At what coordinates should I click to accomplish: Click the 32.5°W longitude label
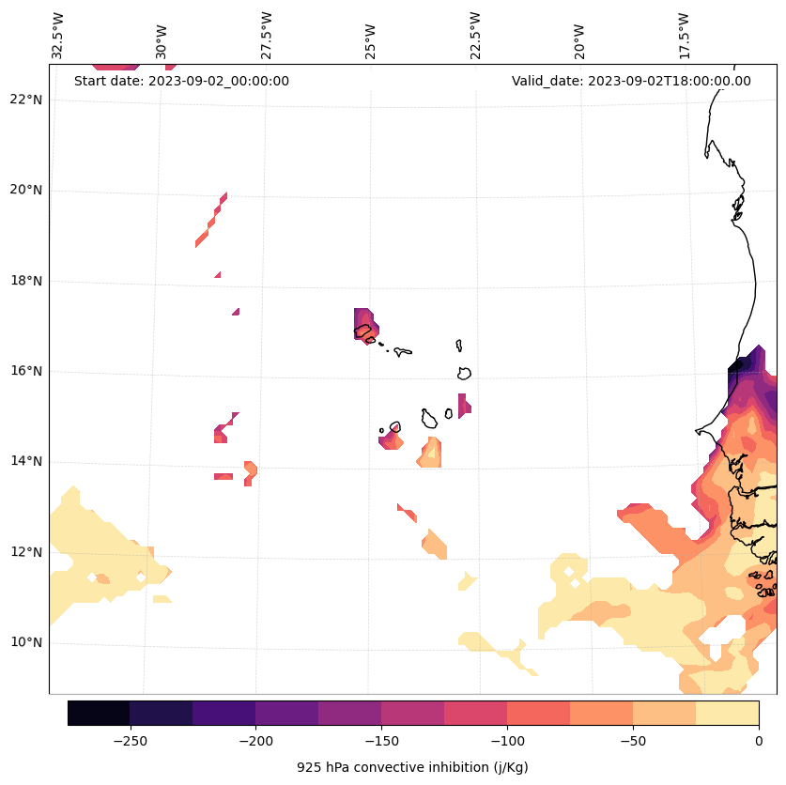[x=58, y=36]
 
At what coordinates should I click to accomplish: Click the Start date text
[x=181, y=81]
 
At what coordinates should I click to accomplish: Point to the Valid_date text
[x=631, y=81]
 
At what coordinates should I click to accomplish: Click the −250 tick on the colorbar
[x=130, y=740]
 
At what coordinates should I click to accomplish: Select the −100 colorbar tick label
[x=507, y=740]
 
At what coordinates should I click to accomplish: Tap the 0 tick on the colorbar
[x=759, y=740]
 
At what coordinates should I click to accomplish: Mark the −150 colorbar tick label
[x=381, y=740]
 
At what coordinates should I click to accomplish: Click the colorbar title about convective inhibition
[x=412, y=767]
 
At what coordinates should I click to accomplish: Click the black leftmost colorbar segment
[x=99, y=713]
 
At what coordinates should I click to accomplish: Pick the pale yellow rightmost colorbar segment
[x=727, y=713]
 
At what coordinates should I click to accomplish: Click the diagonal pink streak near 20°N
[x=211, y=220]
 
